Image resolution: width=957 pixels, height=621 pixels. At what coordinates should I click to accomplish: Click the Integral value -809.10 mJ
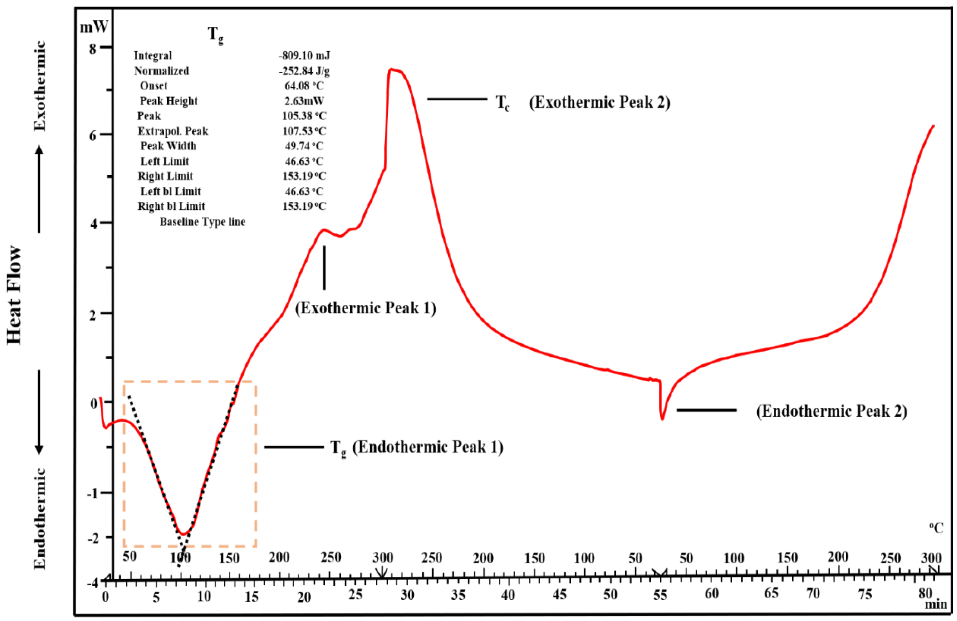pos(304,55)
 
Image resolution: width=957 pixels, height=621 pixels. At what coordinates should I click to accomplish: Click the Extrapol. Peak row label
pos(173,131)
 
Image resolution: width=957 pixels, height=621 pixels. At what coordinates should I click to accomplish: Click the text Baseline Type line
pos(202,222)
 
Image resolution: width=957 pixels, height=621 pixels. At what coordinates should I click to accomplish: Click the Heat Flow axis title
pos(14,296)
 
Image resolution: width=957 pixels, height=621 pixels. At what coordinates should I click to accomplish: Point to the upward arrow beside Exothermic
pos(39,189)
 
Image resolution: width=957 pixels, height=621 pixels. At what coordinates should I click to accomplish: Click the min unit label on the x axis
pos(935,604)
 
